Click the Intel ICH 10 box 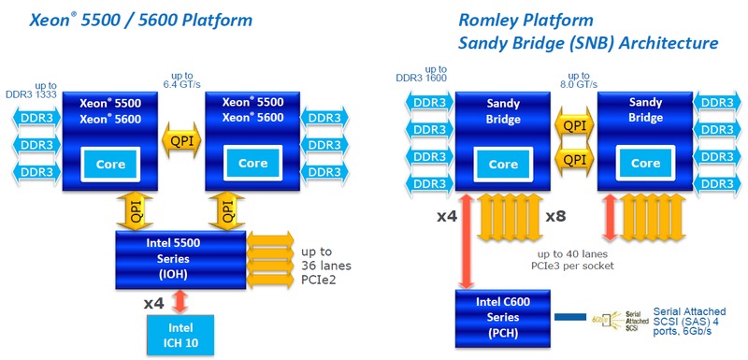[x=180, y=334]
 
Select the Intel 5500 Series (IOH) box [x=180, y=259]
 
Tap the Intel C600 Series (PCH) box [x=503, y=317]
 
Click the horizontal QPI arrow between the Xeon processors [x=181, y=141]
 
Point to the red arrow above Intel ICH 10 [x=180, y=302]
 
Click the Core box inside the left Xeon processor [x=110, y=165]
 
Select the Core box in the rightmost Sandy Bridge [x=645, y=164]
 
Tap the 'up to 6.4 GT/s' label [x=181, y=80]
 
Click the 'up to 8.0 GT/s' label [x=579, y=80]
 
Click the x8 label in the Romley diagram [x=555, y=217]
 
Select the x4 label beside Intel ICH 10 [x=153, y=302]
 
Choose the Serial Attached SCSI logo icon [x=618, y=319]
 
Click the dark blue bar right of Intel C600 [x=569, y=317]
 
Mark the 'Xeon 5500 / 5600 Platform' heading [x=140, y=21]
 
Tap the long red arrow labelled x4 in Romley [x=466, y=241]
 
